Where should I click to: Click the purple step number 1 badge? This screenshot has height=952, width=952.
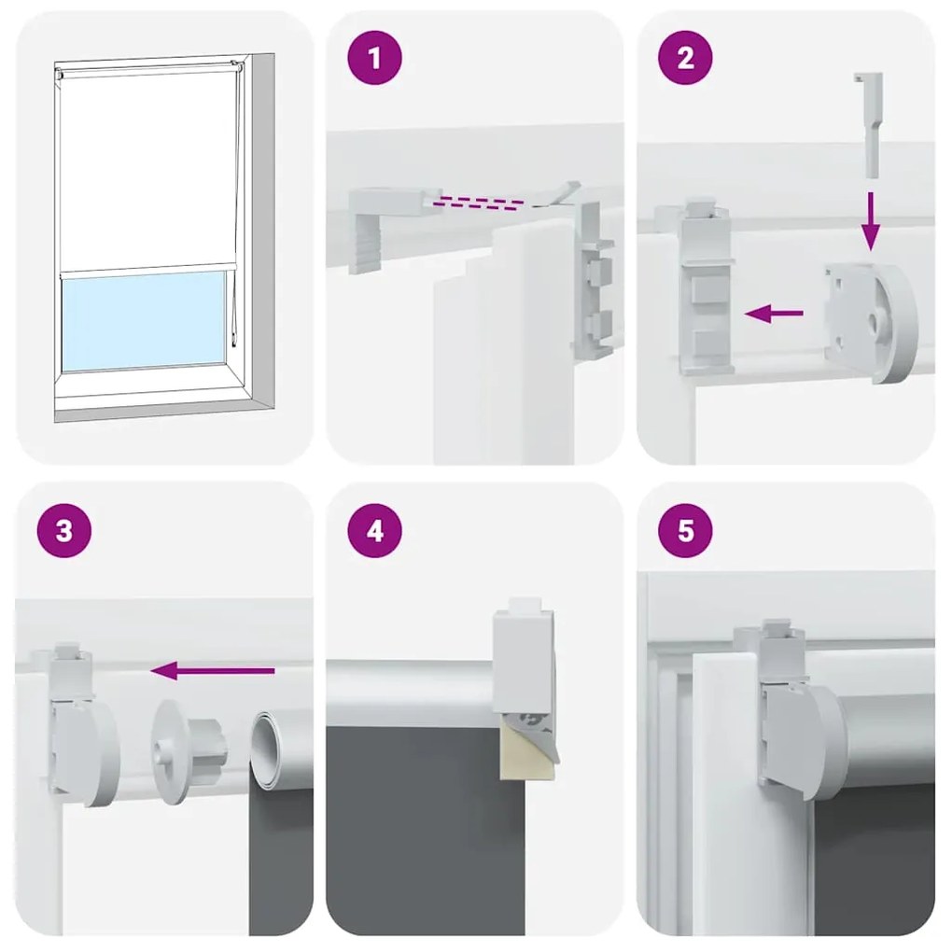[375, 59]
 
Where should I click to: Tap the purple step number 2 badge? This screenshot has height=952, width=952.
[686, 59]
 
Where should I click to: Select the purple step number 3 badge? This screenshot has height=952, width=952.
[63, 531]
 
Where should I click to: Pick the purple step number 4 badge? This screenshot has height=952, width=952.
[375, 531]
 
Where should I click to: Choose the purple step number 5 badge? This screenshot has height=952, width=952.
[686, 531]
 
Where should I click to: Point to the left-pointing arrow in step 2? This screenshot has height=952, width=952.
[774, 315]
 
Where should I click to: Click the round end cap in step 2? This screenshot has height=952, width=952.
[873, 323]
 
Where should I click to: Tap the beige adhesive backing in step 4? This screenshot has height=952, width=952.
[527, 742]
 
